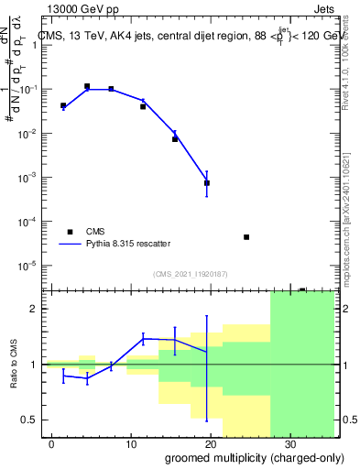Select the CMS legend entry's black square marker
click(69, 232)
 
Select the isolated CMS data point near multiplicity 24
click(246, 237)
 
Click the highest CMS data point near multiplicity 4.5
click(87, 86)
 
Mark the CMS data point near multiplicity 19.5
click(207, 183)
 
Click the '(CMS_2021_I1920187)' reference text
click(190, 274)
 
